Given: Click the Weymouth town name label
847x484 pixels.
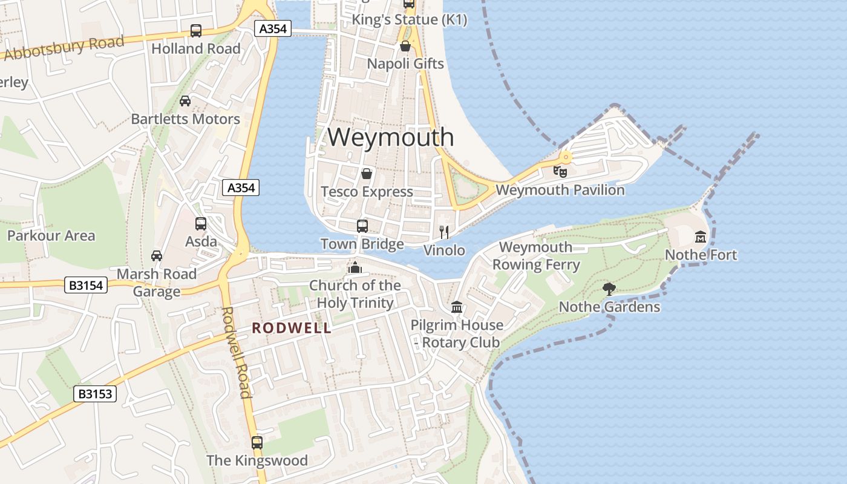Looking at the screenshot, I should (391, 137).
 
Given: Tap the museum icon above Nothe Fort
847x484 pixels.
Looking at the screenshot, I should (701, 236).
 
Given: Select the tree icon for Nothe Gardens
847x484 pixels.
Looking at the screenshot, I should (609, 289).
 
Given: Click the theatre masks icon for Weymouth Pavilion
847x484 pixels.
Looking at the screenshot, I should (560, 171).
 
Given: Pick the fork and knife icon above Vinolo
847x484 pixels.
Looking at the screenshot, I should (444, 232).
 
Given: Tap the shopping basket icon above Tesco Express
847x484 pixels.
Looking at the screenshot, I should (367, 174).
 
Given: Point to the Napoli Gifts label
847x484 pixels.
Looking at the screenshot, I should (405, 64).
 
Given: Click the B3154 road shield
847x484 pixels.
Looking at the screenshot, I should (87, 285).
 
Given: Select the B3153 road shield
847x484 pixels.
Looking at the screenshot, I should (95, 394).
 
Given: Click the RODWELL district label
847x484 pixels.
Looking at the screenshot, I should (292, 328).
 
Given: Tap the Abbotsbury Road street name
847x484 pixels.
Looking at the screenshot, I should (64, 48).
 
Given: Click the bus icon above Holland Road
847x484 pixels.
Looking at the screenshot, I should (196, 31).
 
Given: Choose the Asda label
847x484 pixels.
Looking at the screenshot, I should (201, 241).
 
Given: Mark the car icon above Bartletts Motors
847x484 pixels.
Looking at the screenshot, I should (185, 101).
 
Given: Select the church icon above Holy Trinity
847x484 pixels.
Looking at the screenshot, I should (355, 267).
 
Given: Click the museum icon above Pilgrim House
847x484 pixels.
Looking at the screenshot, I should (457, 307).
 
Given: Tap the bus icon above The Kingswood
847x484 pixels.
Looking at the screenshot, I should (257, 442).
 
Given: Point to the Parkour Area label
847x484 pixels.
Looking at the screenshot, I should (51, 235).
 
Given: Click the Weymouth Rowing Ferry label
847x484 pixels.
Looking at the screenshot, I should (536, 256).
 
